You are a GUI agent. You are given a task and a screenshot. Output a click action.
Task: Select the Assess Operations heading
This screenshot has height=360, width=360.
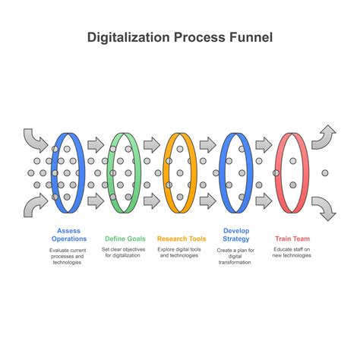tap(68, 235)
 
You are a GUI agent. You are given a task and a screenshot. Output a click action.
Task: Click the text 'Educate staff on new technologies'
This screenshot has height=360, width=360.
tap(292, 252)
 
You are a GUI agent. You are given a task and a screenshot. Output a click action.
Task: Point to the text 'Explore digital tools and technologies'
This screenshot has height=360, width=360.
tap(180, 252)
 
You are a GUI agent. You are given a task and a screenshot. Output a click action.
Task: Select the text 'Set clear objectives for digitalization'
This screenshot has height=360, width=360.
tap(124, 252)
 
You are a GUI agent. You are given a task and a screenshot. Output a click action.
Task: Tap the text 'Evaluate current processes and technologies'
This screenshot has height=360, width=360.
tap(68, 256)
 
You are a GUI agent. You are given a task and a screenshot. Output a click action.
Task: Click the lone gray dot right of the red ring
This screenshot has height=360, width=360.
tap(325, 172)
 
